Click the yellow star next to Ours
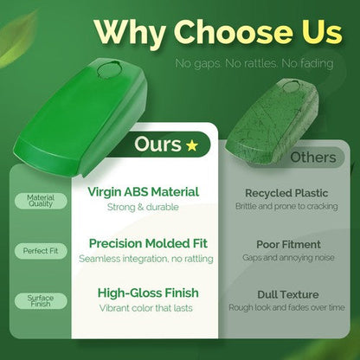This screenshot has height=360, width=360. [x=192, y=145]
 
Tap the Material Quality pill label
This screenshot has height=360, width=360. [x=41, y=201]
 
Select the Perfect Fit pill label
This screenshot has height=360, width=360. [x=41, y=251]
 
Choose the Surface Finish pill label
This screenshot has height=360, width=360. [x=41, y=301]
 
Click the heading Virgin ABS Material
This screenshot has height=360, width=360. [x=143, y=192]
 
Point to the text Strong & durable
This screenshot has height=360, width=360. [x=143, y=207]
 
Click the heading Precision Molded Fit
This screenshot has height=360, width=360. [x=148, y=243]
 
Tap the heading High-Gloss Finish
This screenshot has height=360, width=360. [x=148, y=293]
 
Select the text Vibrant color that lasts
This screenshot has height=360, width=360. [x=146, y=308]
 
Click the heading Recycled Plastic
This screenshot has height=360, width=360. [x=286, y=193]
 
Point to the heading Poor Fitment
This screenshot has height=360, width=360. [x=288, y=245]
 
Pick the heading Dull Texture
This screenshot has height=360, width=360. [x=288, y=295]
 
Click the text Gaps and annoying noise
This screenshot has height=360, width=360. [x=288, y=258]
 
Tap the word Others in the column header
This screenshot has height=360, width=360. [x=313, y=157]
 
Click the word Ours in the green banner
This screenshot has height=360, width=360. [x=157, y=145]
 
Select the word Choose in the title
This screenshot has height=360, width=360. [x=233, y=32]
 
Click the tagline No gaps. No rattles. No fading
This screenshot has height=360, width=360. [x=254, y=63]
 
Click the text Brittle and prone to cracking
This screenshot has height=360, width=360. [x=286, y=207]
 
